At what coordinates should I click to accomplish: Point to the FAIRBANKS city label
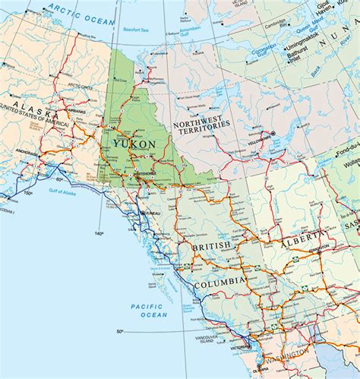(x=75, y=111)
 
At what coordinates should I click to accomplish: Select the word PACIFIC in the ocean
(x=144, y=305)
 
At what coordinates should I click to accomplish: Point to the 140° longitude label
(x=98, y=233)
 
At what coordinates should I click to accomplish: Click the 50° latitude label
(x=120, y=332)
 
